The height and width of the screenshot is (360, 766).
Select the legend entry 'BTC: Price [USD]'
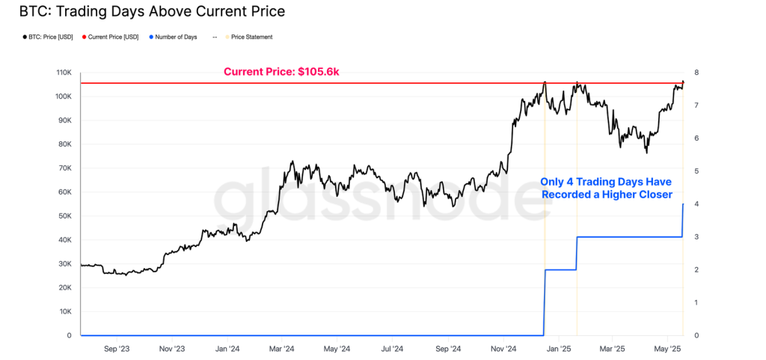click(x=49, y=37)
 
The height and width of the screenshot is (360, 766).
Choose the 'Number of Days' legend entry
click(x=175, y=37)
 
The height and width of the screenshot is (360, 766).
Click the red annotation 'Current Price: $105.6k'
click(x=282, y=72)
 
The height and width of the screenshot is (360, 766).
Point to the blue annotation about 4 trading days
click(x=606, y=188)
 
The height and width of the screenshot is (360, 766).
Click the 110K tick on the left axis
click(x=64, y=73)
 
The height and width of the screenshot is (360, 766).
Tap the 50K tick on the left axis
click(x=66, y=216)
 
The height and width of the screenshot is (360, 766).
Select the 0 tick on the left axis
click(x=70, y=335)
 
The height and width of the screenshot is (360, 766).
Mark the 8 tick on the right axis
click(x=696, y=73)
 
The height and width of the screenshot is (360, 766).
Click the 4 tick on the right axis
click(x=696, y=204)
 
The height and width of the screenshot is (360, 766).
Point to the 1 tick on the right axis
click(x=696, y=302)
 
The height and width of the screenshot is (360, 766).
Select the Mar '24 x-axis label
click(x=281, y=349)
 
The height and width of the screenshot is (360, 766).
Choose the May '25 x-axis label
click(x=667, y=349)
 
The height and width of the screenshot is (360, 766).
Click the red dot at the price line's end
click(x=683, y=82)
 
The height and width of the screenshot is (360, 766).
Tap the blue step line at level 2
click(x=560, y=269)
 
